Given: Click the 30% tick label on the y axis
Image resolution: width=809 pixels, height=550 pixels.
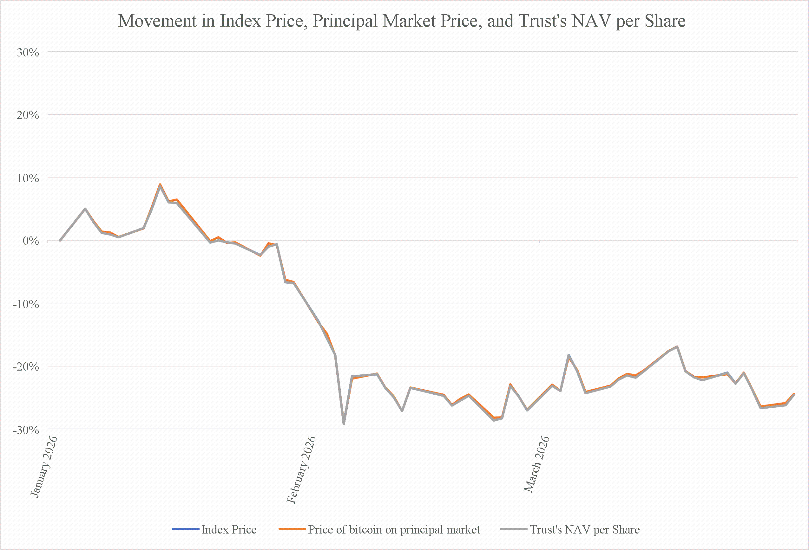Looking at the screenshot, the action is tap(28, 53).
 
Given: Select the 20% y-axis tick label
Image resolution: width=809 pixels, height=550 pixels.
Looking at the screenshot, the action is tap(28, 115).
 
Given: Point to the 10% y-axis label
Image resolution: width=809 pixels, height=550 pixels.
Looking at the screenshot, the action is tap(28, 178).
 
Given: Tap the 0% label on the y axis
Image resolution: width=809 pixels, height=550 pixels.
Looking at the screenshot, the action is tap(31, 241).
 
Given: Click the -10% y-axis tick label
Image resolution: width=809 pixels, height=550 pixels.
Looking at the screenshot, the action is tap(26, 304).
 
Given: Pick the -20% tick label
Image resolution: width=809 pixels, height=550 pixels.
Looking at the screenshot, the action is tap(26, 367).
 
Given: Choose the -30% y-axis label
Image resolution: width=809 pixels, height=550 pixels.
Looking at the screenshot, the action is tap(26, 430).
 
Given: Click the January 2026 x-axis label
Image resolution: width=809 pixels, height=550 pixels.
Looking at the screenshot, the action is tap(43, 466).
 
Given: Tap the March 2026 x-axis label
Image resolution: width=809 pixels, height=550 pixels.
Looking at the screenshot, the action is tap(536, 464).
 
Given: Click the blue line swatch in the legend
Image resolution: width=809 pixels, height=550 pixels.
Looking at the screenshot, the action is tap(186, 529).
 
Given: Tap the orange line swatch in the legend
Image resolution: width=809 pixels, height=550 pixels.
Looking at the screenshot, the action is tap(292, 529).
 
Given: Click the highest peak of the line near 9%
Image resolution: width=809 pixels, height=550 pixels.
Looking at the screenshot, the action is tap(160, 184).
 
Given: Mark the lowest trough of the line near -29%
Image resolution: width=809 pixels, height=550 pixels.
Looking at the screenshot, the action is tap(344, 424).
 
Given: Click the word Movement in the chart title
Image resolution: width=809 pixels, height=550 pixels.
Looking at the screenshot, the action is tap(158, 21).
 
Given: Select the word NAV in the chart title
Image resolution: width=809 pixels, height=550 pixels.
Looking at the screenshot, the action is tap(591, 21).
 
